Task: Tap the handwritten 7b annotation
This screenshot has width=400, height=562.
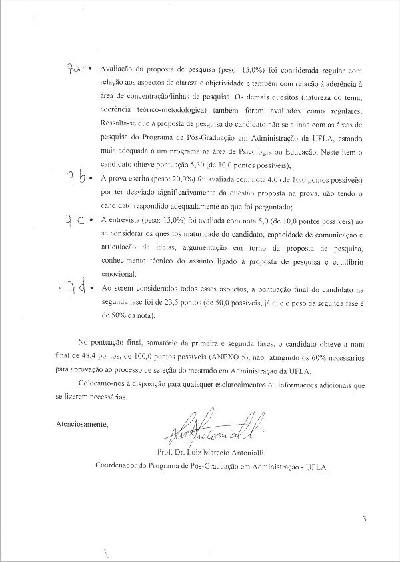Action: pos(74,177)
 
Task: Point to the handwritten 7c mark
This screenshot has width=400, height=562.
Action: pos(74,221)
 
